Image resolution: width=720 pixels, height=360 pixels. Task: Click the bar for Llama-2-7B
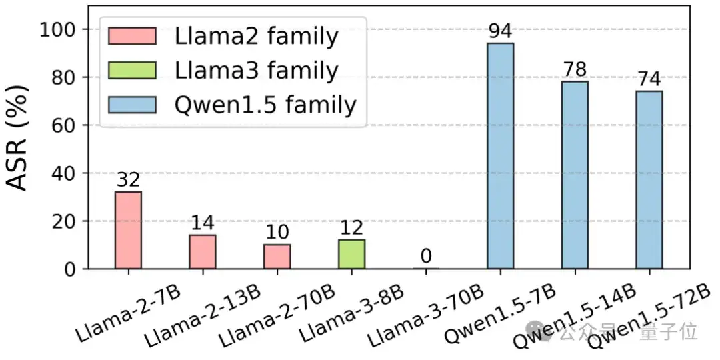(x=128, y=230)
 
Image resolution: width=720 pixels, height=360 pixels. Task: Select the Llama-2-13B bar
(x=202, y=252)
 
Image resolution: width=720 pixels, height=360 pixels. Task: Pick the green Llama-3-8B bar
(x=351, y=254)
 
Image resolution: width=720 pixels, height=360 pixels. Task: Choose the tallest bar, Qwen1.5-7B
(x=500, y=156)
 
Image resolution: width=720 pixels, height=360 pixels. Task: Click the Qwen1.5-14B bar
(x=575, y=175)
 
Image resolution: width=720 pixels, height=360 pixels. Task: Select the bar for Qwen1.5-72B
(x=649, y=180)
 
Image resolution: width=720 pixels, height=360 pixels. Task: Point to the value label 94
(x=500, y=31)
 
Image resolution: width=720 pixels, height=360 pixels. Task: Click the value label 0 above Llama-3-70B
(x=426, y=257)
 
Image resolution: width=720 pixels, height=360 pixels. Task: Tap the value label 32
(x=128, y=180)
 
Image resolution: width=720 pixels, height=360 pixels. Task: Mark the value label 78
(x=575, y=69)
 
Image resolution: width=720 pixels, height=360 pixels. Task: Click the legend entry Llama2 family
(x=256, y=36)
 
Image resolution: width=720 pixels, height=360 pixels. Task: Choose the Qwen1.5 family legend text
(x=265, y=105)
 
